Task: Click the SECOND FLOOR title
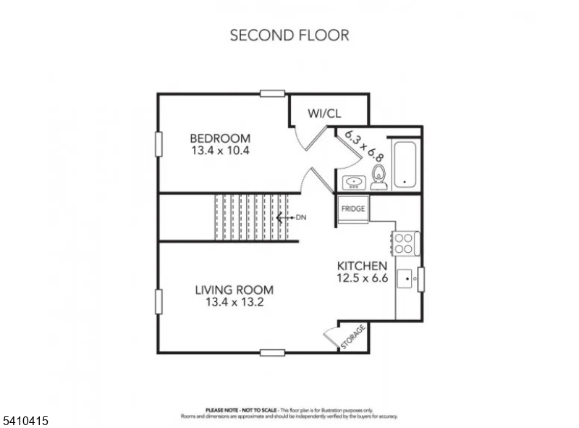[x=289, y=35]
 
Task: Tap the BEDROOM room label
[x=220, y=138]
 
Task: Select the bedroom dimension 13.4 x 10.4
[x=220, y=151]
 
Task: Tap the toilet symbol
[x=378, y=177]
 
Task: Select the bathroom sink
[x=354, y=182]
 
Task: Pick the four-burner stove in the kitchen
[x=405, y=243]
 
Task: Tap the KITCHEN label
[x=357, y=266]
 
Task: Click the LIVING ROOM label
[x=234, y=290]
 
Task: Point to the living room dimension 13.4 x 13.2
[x=234, y=303]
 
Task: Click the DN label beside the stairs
[x=302, y=217]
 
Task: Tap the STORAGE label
[x=352, y=337]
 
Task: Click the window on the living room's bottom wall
[x=272, y=353]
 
